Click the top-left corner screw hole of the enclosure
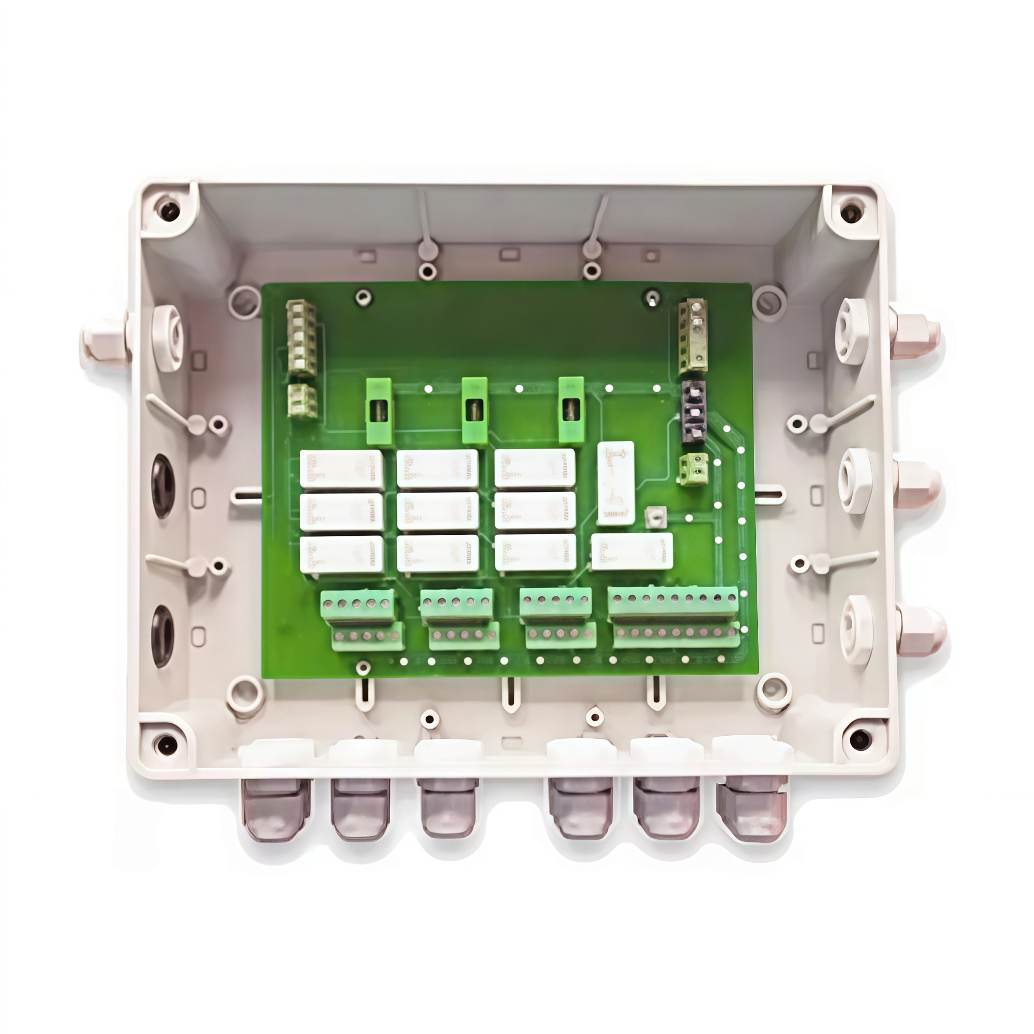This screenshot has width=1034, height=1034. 170,209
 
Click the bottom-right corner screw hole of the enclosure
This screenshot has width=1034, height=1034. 859,740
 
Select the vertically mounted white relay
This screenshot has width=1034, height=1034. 616,483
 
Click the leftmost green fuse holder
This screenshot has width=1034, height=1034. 379,410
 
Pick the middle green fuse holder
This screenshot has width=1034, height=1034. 475,410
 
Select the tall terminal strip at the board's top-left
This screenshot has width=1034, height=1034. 302,337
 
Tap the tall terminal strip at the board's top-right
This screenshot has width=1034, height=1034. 694,336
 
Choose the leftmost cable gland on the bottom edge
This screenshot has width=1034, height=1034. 276,808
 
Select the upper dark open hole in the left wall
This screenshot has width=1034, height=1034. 163,486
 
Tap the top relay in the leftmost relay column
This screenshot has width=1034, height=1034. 342,469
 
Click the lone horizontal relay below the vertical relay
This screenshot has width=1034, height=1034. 632,551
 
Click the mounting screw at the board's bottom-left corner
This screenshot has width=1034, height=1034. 363,667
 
